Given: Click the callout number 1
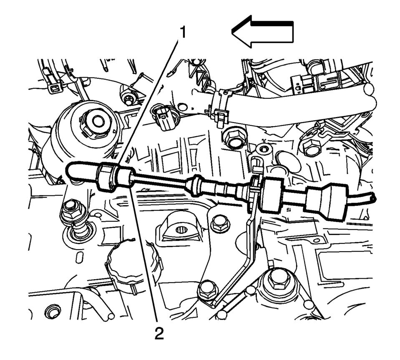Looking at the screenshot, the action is coord(183,32).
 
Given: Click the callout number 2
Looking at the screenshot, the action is coord(159,333).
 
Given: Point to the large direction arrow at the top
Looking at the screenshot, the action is coord(263,32).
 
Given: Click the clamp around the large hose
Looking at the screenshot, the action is coord(219,107).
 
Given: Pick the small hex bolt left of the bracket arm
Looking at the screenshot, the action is coord(220,223).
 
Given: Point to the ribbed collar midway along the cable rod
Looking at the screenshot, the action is coord(195,185).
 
